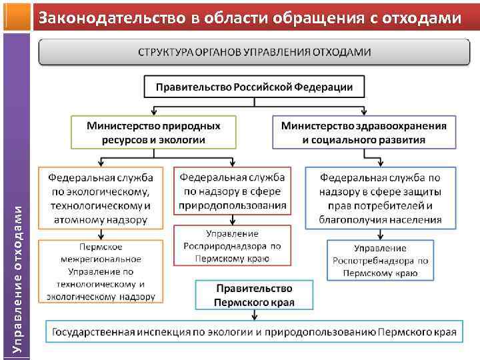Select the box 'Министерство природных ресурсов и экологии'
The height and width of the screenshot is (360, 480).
tap(154, 132)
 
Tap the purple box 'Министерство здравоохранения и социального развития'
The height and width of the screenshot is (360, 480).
tap(364, 132)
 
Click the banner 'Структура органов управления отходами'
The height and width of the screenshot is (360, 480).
tap(255, 52)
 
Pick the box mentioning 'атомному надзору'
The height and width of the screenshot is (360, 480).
tap(101, 198)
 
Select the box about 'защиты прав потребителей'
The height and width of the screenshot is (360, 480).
tap(380, 198)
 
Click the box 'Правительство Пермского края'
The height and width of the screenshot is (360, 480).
tap(253, 295)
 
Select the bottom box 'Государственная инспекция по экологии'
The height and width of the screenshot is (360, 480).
tap(255, 331)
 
